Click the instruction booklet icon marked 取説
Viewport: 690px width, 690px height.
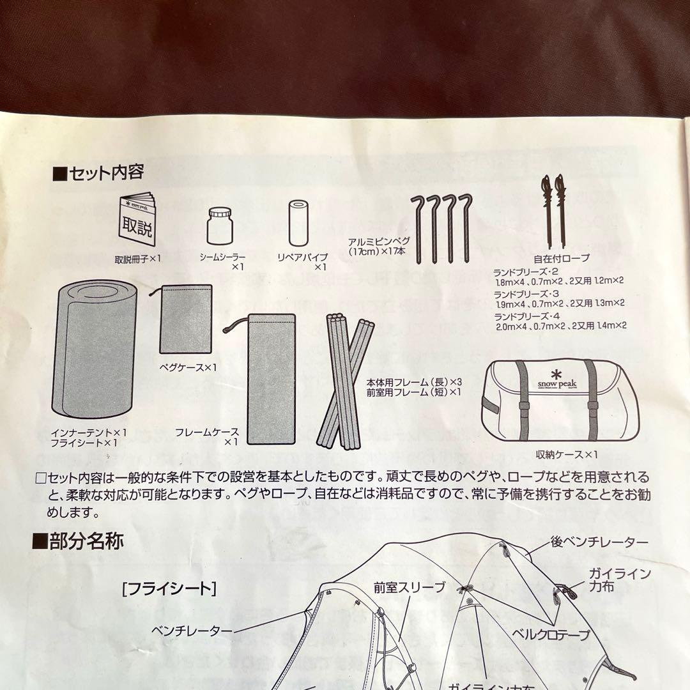137,219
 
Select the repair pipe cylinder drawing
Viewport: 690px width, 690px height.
298,224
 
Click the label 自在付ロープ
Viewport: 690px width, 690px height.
562,259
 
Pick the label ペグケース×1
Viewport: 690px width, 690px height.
188,367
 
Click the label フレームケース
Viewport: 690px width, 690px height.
207,433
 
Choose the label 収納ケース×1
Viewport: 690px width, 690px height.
567,454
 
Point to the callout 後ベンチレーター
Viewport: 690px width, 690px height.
599,542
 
